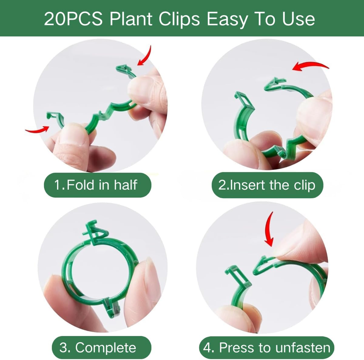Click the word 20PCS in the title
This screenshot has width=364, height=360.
(x=74, y=19)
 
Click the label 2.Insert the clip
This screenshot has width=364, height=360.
(x=267, y=185)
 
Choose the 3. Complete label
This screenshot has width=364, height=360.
(x=98, y=348)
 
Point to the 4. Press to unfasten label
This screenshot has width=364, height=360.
(x=267, y=348)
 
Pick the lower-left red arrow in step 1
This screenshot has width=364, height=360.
(x=38, y=130)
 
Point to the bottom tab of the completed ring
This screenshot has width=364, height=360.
(x=110, y=310)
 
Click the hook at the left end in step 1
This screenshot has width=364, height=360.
(x=54, y=117)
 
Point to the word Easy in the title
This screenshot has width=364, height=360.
(x=226, y=19)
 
